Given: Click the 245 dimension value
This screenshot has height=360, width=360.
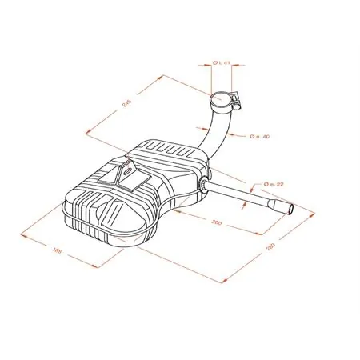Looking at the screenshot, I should coord(126,103).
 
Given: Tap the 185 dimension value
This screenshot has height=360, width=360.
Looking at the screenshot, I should coord(56,251).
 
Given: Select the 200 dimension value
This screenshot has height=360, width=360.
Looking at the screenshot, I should coord(217,222).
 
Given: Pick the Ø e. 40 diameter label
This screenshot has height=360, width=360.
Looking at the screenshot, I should coord(260,136).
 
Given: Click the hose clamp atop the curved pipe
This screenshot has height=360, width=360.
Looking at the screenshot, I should coord(221,100).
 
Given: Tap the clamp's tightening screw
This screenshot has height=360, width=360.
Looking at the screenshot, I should coord(238,102).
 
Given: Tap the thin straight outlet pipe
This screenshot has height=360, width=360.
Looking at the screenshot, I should coord(240,197).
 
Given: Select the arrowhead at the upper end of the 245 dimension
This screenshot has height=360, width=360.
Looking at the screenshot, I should coord(162,76).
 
